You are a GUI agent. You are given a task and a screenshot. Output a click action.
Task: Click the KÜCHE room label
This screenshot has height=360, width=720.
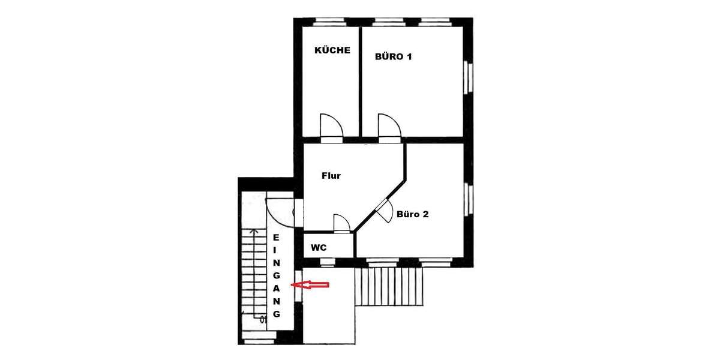click(332, 50)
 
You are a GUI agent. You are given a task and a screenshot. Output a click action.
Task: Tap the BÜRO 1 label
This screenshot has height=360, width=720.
click(393, 57)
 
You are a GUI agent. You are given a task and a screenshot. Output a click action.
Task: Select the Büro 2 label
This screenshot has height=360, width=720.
click(412, 214)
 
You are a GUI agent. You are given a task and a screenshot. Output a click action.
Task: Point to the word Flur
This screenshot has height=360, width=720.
click(331, 176)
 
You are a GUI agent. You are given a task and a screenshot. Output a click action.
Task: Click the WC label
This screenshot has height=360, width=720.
click(318, 247)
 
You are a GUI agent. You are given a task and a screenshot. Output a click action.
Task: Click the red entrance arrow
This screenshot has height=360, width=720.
click(310, 286)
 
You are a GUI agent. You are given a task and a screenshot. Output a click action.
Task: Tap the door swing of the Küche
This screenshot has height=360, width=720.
click(331, 127)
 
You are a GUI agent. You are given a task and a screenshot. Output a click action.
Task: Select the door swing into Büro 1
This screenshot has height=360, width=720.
click(389, 127)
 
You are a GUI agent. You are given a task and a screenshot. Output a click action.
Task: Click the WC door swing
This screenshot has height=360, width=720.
click(341, 223)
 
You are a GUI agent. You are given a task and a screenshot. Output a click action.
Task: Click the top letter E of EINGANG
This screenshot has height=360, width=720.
click(276, 238)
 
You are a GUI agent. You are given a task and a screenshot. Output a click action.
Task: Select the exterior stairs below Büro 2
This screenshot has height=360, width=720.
click(389, 287)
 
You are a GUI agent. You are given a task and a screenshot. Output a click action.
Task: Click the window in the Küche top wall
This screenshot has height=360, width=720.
click(329, 22)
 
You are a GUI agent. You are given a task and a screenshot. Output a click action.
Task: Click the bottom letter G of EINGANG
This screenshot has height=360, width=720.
click(276, 314)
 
